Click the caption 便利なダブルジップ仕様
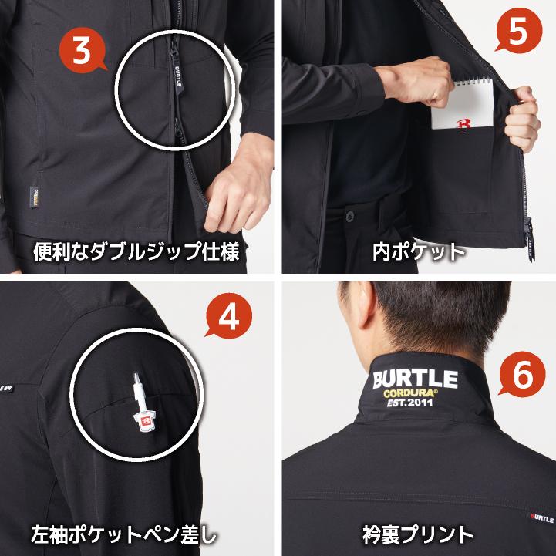[139, 251]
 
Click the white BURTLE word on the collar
[415, 379]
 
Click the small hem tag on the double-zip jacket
[35, 197]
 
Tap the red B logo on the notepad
[464, 123]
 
